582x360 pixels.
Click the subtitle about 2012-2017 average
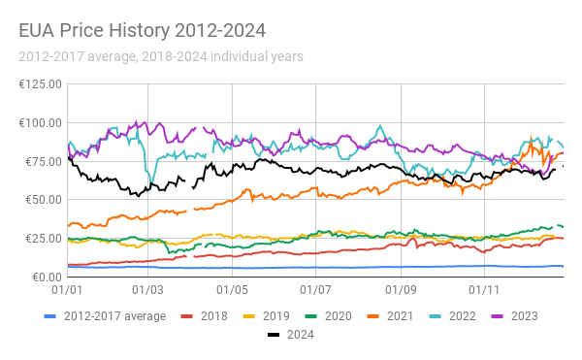point(160,56)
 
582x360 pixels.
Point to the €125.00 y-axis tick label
point(40,84)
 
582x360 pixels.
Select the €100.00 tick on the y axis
point(40,123)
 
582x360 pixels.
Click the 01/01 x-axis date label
point(66,290)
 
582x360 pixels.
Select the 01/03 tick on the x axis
point(147,290)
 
